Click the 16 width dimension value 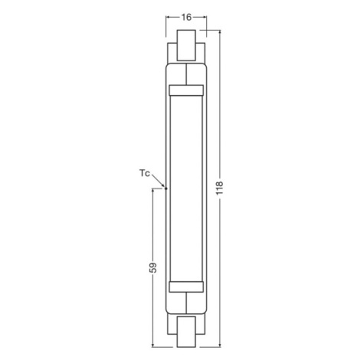[186, 17]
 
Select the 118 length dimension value [220, 188]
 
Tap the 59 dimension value [152, 267]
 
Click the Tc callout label [145, 173]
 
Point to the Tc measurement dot [166, 188]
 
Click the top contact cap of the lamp [186, 45]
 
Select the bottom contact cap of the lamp [186, 332]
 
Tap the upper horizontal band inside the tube [186, 90]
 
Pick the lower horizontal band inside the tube [186, 286]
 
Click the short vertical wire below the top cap [186, 74]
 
